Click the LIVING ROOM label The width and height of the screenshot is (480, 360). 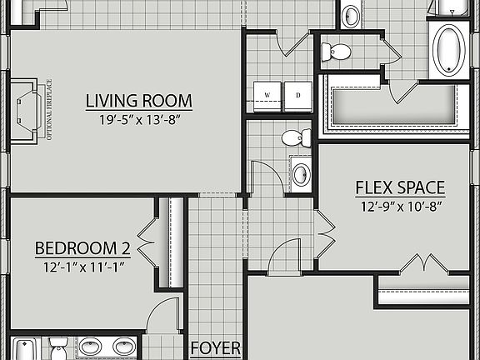click(x=138, y=102)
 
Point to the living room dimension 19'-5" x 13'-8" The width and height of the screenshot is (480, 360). click(x=138, y=120)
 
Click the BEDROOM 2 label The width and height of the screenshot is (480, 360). click(x=82, y=248)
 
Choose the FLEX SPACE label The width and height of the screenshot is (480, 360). click(x=399, y=187)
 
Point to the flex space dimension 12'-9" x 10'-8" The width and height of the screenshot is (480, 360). click(x=399, y=205)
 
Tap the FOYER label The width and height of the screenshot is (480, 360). click(x=216, y=348)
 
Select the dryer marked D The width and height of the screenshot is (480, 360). click(x=297, y=95)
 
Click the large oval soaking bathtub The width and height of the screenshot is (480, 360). click(x=449, y=49)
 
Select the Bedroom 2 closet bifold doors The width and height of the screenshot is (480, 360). click(x=147, y=242)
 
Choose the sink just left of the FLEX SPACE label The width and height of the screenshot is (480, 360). click(x=301, y=173)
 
